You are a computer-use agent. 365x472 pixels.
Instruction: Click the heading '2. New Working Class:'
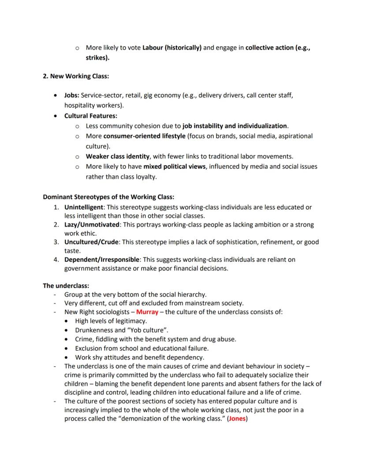pyautogui.click(x=76, y=76)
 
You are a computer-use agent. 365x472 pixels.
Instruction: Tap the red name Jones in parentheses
pyautogui.click(x=238, y=419)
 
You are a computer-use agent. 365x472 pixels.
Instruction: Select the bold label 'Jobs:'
pyautogui.click(x=72, y=95)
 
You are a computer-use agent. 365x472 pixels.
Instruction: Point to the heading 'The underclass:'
pyautogui.click(x=66, y=285)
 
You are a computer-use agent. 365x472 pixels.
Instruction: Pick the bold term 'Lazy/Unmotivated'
pyautogui.click(x=92, y=225)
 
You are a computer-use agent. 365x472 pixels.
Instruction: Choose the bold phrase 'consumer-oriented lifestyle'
pyautogui.click(x=144, y=136)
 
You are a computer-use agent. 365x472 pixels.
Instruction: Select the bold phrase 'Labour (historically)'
pyautogui.click(x=172, y=48)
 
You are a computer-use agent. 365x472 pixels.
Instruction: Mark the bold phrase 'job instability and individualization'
pyautogui.click(x=235, y=126)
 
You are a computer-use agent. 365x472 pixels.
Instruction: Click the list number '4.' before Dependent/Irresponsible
pyautogui.click(x=57, y=260)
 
